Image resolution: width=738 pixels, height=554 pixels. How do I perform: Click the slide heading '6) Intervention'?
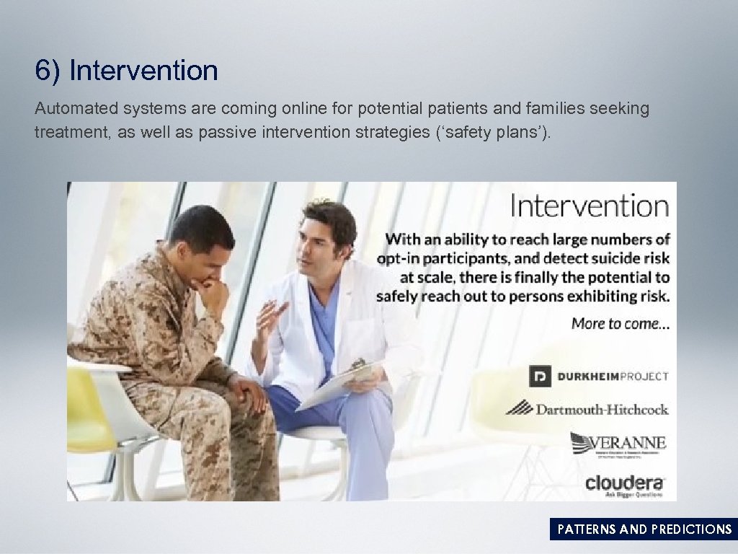point(126,71)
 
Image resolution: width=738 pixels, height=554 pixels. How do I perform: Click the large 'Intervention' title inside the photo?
point(590,206)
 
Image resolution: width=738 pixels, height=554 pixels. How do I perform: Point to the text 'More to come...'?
point(621,323)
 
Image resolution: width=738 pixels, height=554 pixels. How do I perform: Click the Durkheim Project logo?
point(598,376)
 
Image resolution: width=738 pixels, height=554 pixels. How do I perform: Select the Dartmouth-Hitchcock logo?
point(587,409)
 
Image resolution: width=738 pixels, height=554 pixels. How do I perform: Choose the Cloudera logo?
point(624,483)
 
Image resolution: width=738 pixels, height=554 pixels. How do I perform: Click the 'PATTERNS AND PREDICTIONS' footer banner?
point(644,529)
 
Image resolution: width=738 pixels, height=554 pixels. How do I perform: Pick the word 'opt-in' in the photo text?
point(399,258)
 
